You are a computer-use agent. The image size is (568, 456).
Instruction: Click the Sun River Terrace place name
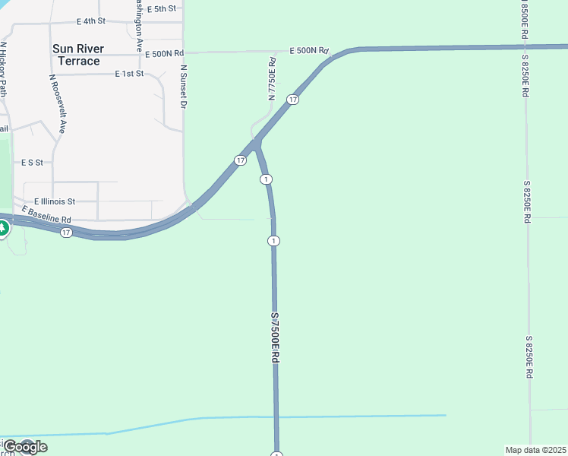point(78,55)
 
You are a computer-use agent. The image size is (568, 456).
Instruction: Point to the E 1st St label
point(129,74)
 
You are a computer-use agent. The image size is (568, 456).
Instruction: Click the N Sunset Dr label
point(183,87)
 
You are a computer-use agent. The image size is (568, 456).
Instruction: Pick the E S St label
point(32,163)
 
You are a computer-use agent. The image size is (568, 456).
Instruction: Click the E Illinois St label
point(55,202)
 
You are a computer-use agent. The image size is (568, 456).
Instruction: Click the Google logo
point(24,447)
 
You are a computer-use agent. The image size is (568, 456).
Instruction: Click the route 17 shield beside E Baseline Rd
point(66,232)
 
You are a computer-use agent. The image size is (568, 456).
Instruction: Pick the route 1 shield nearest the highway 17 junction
point(266,179)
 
